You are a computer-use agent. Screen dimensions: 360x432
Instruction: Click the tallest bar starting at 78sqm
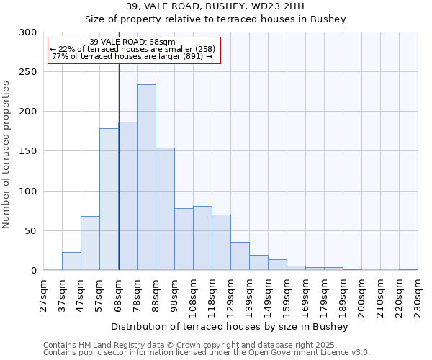click(146, 177)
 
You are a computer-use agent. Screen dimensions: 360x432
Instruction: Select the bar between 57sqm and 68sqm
click(109, 199)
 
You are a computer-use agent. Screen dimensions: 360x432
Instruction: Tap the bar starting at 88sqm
click(165, 209)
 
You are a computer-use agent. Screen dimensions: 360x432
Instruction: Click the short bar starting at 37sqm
click(71, 261)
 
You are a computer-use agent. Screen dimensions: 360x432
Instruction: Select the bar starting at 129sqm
click(240, 256)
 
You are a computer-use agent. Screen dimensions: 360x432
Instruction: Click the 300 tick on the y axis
click(27, 32)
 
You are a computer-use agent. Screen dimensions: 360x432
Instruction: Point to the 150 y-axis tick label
click(27, 152)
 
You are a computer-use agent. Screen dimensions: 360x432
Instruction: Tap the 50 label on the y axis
click(30, 231)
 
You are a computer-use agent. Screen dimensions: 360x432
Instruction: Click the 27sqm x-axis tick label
click(43, 295)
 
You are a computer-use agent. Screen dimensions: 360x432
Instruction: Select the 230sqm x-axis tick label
click(418, 295)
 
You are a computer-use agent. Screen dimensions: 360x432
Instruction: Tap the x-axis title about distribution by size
click(230, 327)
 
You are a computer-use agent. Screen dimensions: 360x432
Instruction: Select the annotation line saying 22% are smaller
click(132, 49)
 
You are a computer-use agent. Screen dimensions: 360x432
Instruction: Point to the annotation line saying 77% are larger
click(132, 56)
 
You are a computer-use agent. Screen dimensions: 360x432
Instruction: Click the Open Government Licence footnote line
click(207, 353)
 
